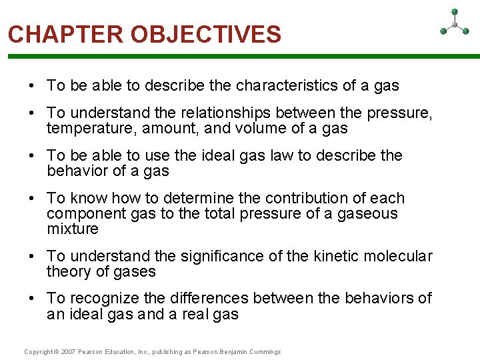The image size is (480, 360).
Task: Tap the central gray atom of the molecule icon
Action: pyautogui.click(x=454, y=25)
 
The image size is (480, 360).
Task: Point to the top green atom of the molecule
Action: pyautogui.click(x=454, y=11)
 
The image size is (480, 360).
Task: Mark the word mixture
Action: pyautogui.click(x=73, y=229)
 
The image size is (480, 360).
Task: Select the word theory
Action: pyautogui.click(x=68, y=272)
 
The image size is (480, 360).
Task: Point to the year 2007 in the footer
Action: pyautogui.click(x=69, y=351)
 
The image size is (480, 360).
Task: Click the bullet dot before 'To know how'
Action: pyautogui.click(x=33, y=199)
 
